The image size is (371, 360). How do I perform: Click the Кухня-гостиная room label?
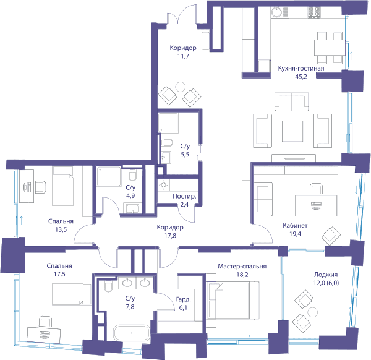(301, 69)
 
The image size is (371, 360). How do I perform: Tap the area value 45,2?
(301, 77)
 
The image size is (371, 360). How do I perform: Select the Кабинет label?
(295, 226)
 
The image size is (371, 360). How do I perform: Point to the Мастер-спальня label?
(242, 267)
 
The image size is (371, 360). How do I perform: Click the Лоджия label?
(326, 275)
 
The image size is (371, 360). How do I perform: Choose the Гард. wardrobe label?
(184, 299)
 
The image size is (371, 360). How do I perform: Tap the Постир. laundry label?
(184, 197)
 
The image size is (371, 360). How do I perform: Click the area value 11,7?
(183, 56)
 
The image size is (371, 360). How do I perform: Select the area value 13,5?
(61, 229)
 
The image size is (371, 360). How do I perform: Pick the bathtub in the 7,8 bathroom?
(132, 333)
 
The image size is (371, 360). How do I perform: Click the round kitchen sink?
(276, 12)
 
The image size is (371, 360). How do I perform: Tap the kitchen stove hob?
(314, 12)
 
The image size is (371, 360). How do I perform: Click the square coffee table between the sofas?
(292, 131)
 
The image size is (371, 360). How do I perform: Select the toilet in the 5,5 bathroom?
(167, 143)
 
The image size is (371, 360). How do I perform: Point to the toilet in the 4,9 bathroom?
(132, 175)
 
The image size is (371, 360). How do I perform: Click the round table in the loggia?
(312, 312)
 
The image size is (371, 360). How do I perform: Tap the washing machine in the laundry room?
(164, 185)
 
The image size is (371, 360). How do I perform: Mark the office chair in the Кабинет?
(317, 189)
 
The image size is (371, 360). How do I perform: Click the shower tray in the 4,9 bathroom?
(109, 176)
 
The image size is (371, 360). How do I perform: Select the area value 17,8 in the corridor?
(171, 236)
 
